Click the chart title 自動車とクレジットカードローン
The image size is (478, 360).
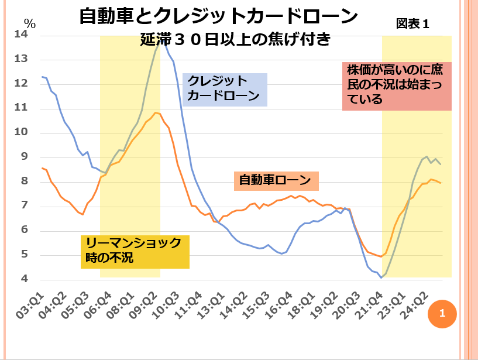pyautogui.click(x=218, y=16)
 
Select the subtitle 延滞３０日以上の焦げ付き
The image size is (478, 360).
pyautogui.click(x=236, y=40)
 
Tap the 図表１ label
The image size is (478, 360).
pyautogui.click(x=412, y=24)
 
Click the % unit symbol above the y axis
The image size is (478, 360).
pyautogui.click(x=30, y=24)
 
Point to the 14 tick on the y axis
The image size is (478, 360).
pyautogui.click(x=22, y=35)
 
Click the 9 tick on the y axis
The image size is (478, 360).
pyautogui.click(x=25, y=157)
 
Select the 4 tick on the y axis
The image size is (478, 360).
pyautogui.click(x=25, y=279)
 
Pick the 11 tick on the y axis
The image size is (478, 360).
pyautogui.click(x=22, y=108)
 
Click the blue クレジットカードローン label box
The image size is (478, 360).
pyautogui.click(x=225, y=89)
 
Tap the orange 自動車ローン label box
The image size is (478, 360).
pyautogui.click(x=276, y=180)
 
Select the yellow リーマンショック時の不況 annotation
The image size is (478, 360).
pyautogui.click(x=135, y=251)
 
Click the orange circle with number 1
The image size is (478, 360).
pyautogui.click(x=442, y=313)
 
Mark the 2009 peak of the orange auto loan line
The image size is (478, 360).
pyautogui.click(x=155, y=112)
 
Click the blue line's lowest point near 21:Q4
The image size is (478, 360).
pyautogui.click(x=381, y=277)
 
